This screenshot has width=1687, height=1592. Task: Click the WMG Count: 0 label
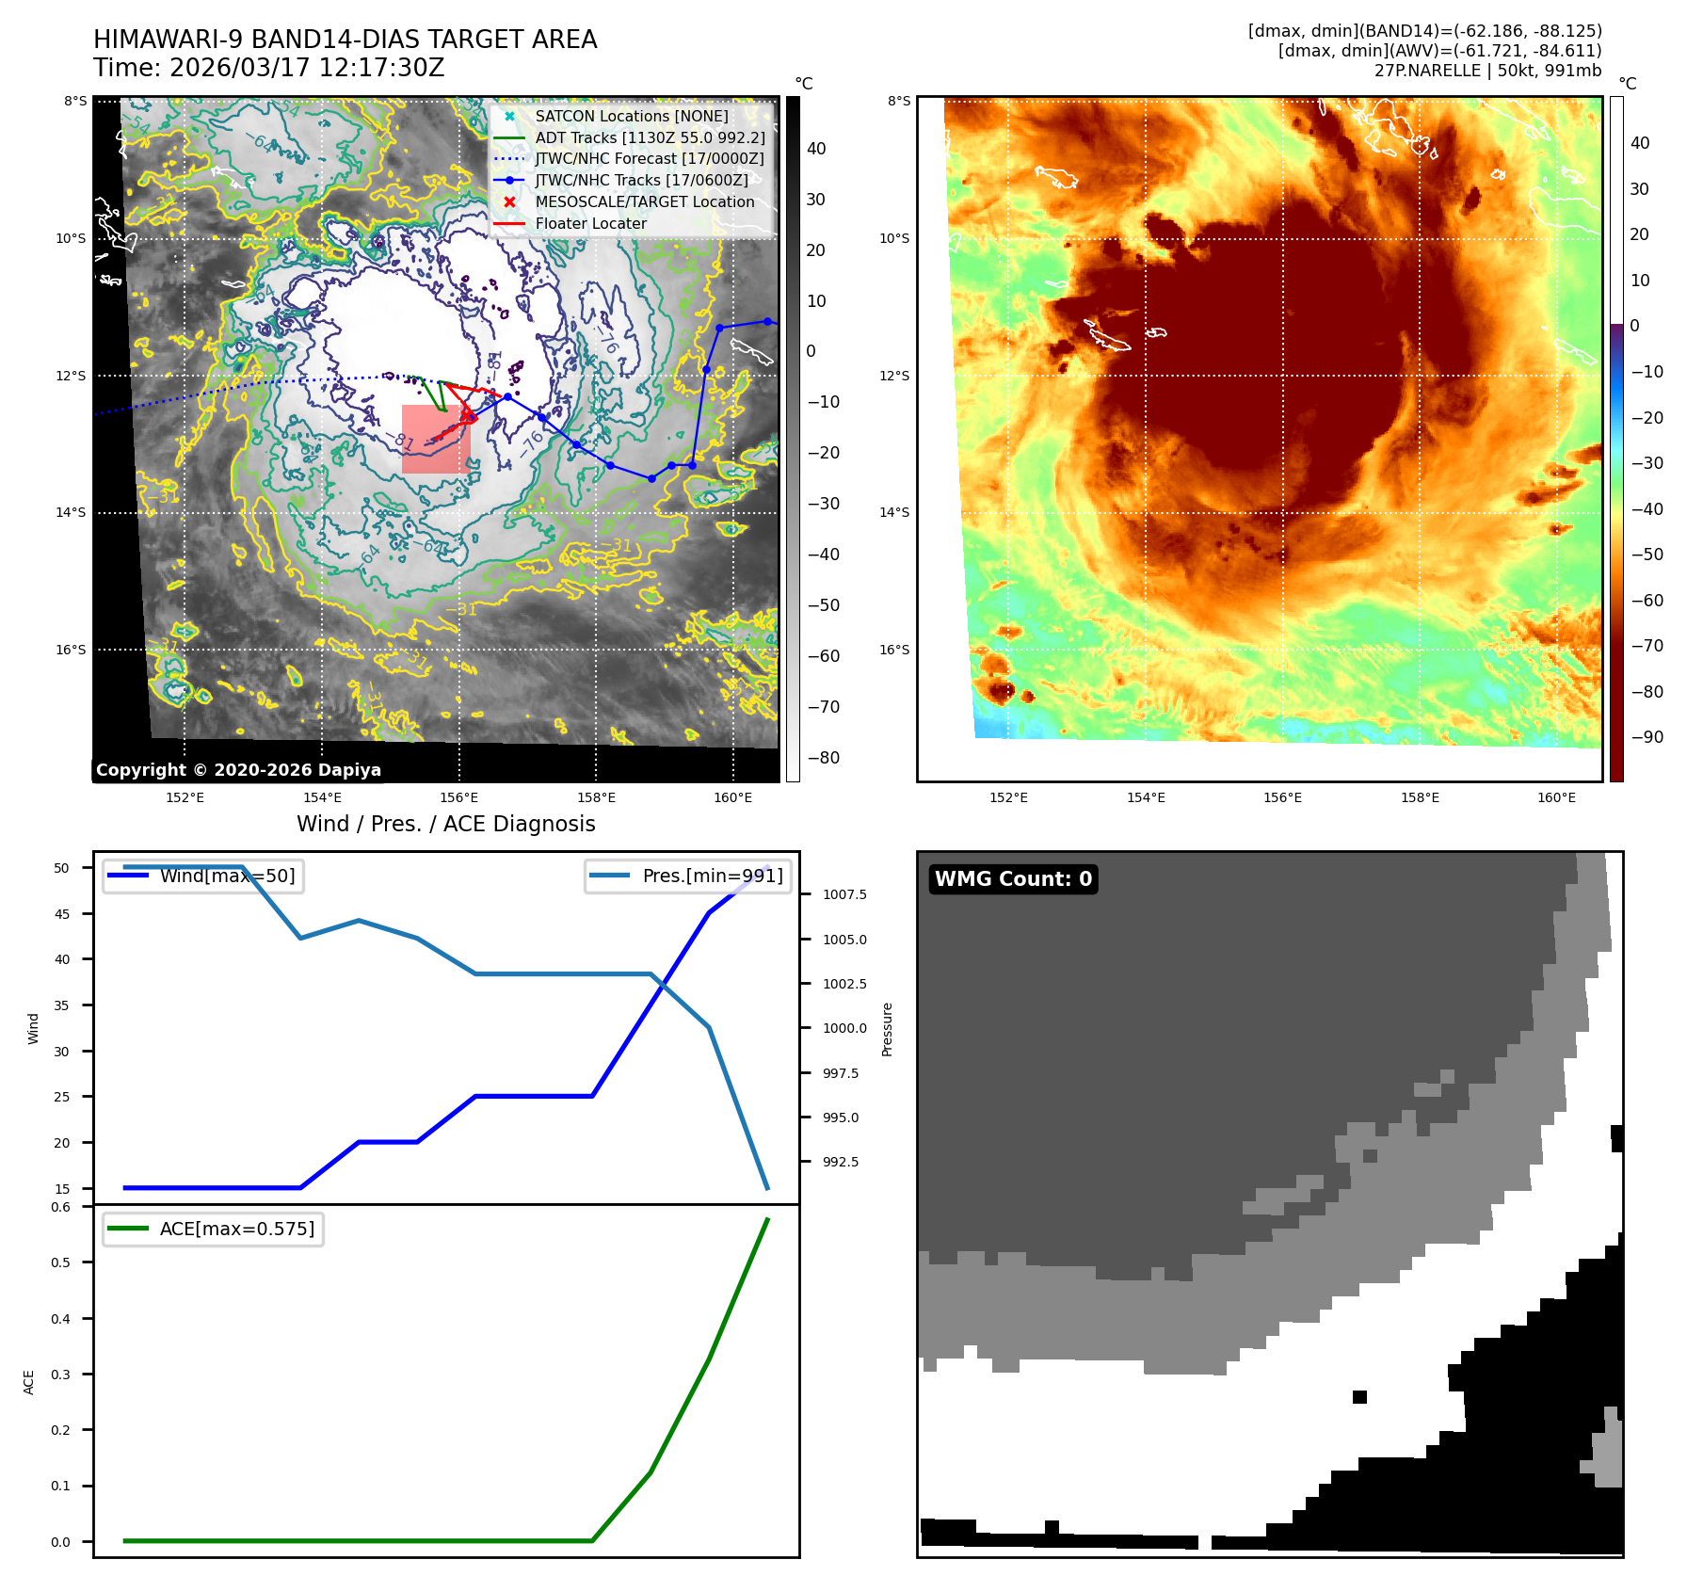click(1013, 879)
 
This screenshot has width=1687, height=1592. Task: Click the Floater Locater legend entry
click(590, 224)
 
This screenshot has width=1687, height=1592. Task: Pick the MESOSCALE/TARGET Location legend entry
click(644, 202)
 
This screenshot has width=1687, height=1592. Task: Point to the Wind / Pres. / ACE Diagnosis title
click(446, 825)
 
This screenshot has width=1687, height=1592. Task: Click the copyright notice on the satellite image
click(238, 770)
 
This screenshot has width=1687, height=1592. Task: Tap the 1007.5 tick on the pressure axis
click(844, 894)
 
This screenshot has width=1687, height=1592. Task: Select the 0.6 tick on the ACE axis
click(60, 1207)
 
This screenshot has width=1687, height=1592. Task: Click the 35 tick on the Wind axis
click(62, 1005)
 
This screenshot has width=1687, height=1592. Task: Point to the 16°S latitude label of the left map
click(71, 650)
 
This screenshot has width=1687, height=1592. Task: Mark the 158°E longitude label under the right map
click(1420, 798)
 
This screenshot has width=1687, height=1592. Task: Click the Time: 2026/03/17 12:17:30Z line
click(269, 69)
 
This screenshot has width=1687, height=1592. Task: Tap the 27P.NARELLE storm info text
click(1487, 71)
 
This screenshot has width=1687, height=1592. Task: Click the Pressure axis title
click(887, 1029)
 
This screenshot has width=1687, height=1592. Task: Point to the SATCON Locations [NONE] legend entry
click(631, 117)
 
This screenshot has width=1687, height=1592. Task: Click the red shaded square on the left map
click(436, 439)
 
